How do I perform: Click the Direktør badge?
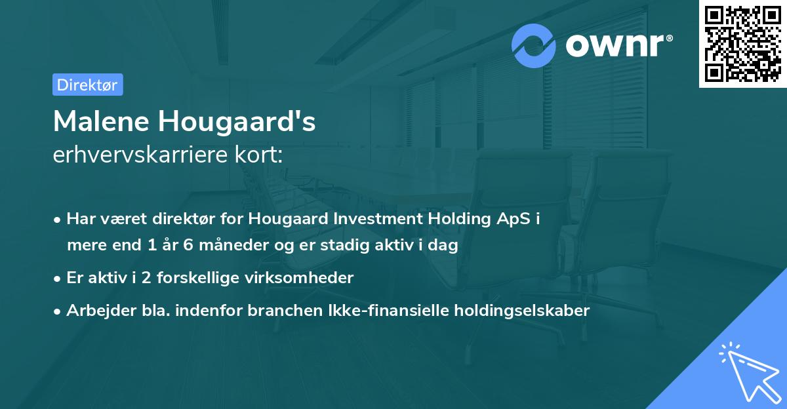click(x=87, y=85)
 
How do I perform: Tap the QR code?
click(x=742, y=43)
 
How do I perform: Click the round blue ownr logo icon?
click(x=534, y=46)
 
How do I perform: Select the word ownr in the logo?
click(x=615, y=46)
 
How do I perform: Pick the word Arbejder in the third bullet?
click(x=96, y=311)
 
